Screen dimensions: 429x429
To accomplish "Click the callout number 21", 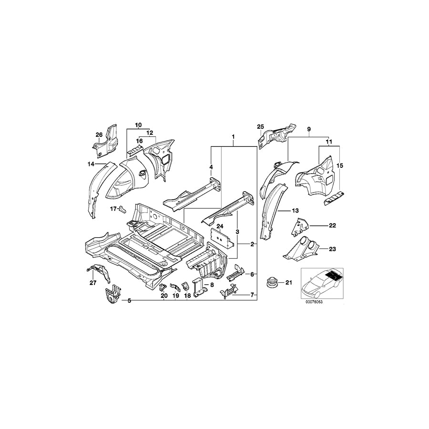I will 287,284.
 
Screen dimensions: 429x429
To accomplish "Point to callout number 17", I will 113,209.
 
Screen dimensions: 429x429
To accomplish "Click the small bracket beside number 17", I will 122,208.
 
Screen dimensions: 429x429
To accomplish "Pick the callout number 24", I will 220,226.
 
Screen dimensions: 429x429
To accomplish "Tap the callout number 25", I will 260,126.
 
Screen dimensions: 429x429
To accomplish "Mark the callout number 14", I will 91,164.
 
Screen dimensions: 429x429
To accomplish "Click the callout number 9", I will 308,129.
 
